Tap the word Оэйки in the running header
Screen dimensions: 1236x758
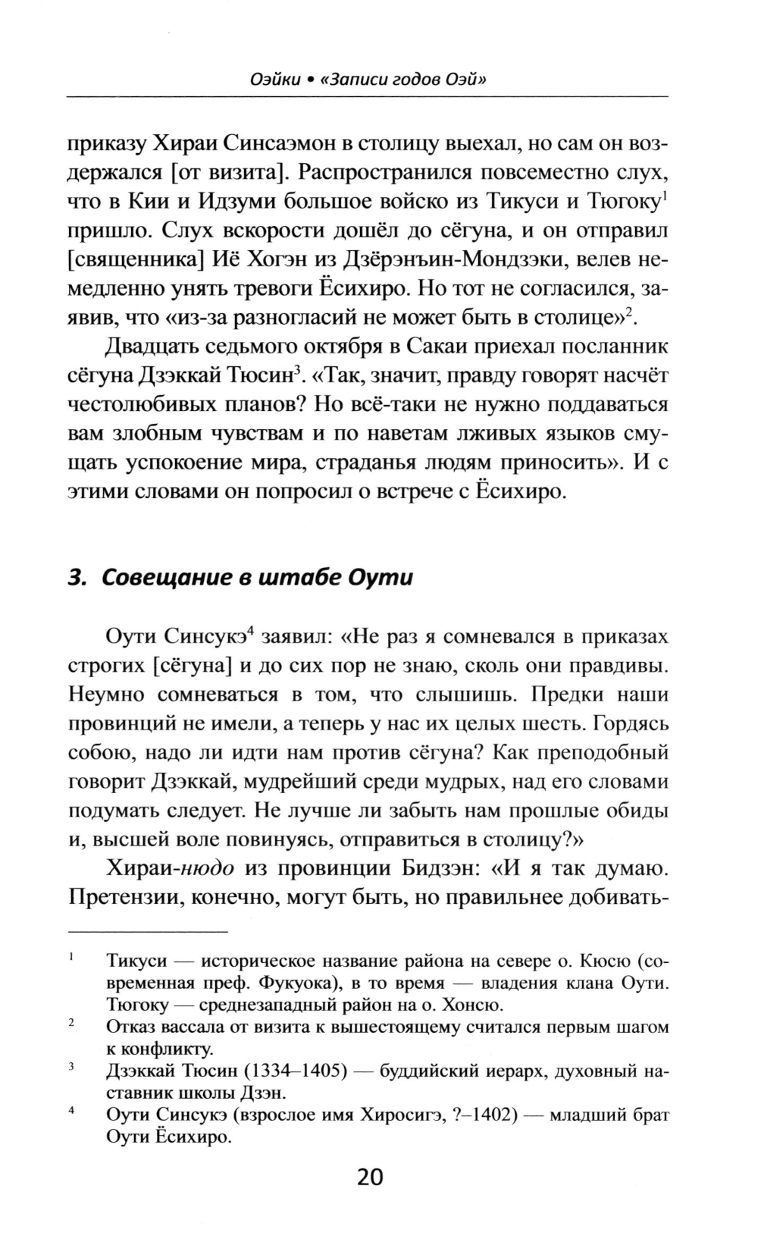(x=271, y=79)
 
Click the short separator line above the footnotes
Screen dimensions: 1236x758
(x=148, y=930)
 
